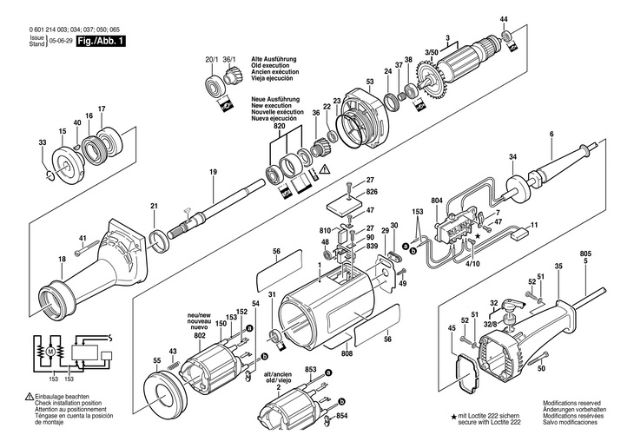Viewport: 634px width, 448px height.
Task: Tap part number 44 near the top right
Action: (504, 19)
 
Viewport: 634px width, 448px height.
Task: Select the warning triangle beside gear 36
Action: (325, 170)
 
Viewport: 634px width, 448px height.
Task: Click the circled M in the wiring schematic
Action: (50, 352)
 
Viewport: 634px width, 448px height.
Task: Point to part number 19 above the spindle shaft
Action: (213, 172)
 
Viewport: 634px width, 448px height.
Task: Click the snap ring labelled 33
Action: (50, 175)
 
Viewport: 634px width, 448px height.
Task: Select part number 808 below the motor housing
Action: (347, 353)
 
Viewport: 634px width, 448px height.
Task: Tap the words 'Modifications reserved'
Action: (571, 403)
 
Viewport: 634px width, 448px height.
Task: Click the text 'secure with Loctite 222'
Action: (489, 422)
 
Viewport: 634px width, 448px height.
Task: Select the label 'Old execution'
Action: (270, 65)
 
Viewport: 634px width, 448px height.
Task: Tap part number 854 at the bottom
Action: (341, 416)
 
